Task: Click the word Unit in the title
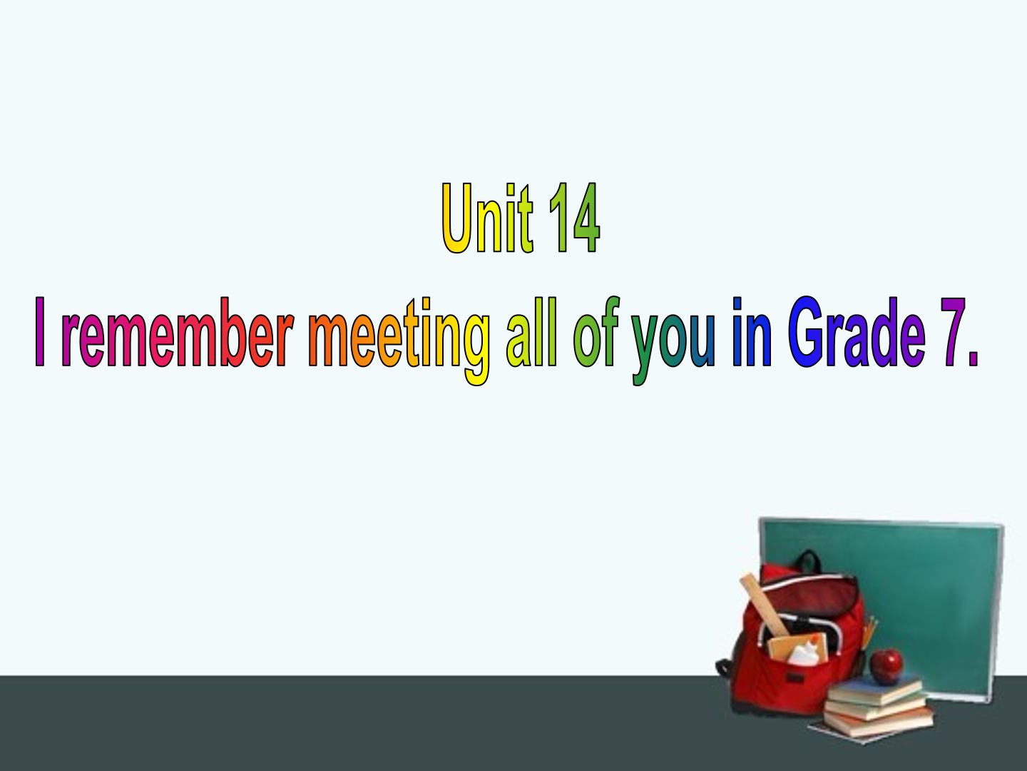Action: pyautogui.click(x=488, y=218)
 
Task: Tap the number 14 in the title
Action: pyautogui.click(x=574, y=218)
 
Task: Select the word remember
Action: pyautogui.click(x=178, y=332)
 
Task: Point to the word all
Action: pyautogui.click(x=531, y=332)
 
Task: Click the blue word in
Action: pyautogui.click(x=752, y=332)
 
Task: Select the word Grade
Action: pyautogui.click(x=857, y=332)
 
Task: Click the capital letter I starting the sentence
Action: pyautogui.click(x=40, y=332)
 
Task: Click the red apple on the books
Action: pyautogui.click(x=887, y=666)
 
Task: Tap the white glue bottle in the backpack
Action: pyautogui.click(x=803, y=653)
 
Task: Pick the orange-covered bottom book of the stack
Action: pyautogui.click(x=879, y=724)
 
